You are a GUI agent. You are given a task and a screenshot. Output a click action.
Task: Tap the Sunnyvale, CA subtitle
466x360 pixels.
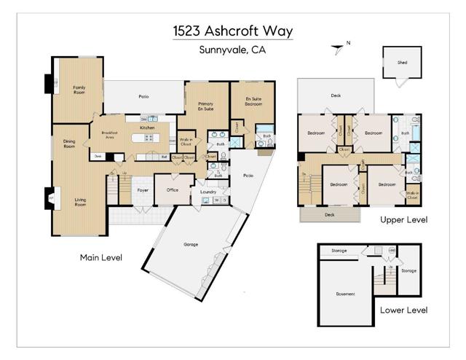click(232, 50)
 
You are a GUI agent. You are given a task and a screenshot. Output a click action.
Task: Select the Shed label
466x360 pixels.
click(402, 63)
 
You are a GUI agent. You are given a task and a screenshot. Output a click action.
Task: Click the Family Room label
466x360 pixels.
click(79, 90)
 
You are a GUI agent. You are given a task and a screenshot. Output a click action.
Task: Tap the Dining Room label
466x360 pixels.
click(69, 144)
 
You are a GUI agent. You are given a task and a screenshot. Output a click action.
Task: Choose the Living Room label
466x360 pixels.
click(79, 202)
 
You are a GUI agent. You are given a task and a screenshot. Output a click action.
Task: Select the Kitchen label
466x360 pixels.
click(148, 128)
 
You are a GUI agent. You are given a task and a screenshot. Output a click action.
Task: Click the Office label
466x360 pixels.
click(173, 189)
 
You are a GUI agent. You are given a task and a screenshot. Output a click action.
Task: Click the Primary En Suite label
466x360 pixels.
click(206, 106)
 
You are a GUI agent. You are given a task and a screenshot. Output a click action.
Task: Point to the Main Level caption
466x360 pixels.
click(100, 257)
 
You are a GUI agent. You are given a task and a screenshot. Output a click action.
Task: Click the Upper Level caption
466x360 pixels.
click(403, 219)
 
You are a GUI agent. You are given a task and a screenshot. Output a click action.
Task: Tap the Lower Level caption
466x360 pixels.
click(403, 310)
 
